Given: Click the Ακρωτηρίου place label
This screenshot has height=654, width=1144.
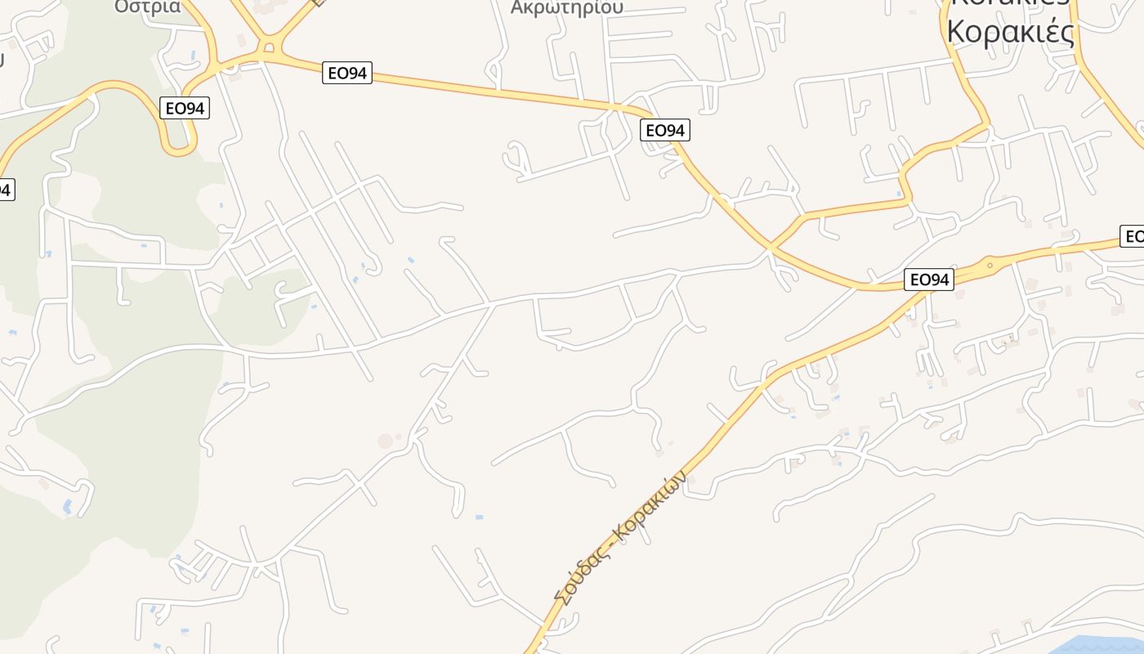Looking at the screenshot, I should (x=566, y=7).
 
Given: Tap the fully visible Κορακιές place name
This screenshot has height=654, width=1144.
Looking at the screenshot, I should (x=1009, y=32).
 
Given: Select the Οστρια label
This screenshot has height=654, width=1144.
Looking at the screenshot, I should (x=147, y=6).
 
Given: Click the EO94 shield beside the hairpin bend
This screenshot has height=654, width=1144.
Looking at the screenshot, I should (x=185, y=108).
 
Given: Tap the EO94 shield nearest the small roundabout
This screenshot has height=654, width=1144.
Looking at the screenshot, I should (x=929, y=280).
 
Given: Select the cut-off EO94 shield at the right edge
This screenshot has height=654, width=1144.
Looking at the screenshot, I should (x=1133, y=237).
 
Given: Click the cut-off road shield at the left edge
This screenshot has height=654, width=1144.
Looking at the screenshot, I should (x=6, y=190).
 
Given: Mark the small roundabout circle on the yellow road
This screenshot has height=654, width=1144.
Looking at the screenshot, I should (x=990, y=265).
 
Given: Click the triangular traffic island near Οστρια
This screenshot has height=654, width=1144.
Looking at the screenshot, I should (x=268, y=47).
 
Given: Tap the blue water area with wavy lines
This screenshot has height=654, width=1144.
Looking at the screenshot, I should (x=1103, y=643).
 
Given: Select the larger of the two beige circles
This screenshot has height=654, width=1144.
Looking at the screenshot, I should (x=385, y=441).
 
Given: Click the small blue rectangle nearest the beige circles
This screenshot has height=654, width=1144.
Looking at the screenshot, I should (x=478, y=517).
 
